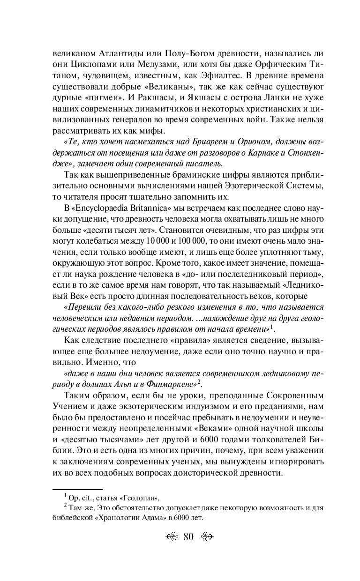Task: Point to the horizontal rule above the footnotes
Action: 77,489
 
